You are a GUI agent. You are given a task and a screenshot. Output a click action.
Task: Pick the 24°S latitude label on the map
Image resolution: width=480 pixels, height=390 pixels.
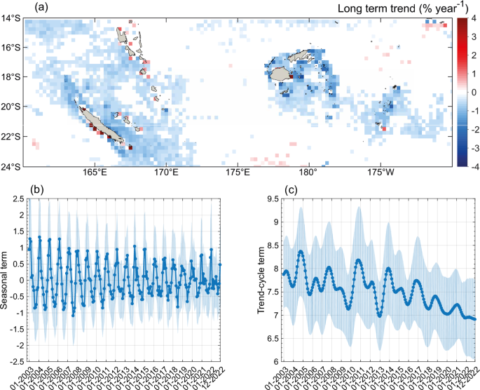click(12, 166)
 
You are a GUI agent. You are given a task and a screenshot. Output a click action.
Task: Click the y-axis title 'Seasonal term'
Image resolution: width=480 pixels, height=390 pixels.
click(6, 278)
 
